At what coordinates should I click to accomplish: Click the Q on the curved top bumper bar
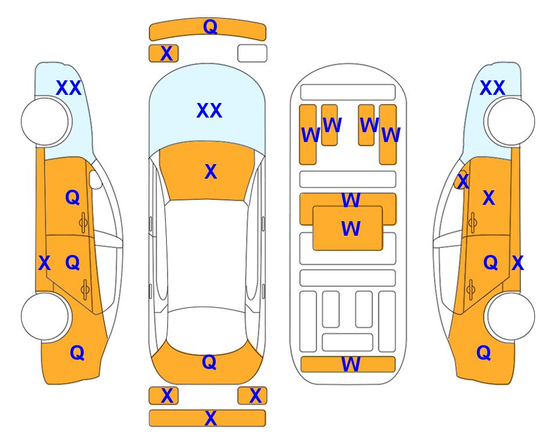pyautogui.click(x=210, y=27)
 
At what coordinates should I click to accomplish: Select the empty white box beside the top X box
pyautogui.click(x=252, y=54)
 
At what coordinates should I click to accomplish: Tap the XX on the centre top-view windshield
pyautogui.click(x=209, y=111)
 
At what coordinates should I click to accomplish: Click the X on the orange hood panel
pyautogui.click(x=211, y=172)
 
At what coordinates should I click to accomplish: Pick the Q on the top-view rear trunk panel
pyautogui.click(x=209, y=362)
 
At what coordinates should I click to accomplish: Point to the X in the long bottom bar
pyautogui.click(x=211, y=418)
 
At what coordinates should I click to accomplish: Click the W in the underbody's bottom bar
pyautogui.click(x=351, y=364)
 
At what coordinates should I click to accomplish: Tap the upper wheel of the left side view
pyautogui.click(x=45, y=122)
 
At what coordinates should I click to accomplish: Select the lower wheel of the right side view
pyautogui.click(x=511, y=316)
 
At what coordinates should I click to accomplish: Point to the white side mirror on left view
pyautogui.click(x=95, y=179)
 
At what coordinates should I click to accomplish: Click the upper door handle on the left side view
pyautogui.click(x=83, y=223)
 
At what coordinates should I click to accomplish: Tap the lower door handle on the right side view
pyautogui.click(x=471, y=290)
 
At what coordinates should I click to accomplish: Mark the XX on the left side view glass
pyautogui.click(x=69, y=88)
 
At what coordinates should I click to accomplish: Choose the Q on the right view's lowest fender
pyautogui.click(x=484, y=353)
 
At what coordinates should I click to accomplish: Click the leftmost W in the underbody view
pyautogui.click(x=311, y=135)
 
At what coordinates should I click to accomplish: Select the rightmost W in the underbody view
pyautogui.click(x=391, y=135)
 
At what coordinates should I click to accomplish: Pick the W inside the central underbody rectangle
pyautogui.click(x=351, y=229)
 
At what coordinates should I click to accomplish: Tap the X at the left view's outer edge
pyautogui.click(x=44, y=263)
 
